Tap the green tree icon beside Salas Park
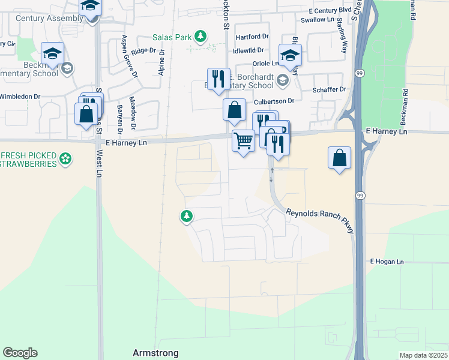pyautogui.click(x=200, y=37)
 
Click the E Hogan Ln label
pyautogui.click(x=387, y=262)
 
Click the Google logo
pyautogui.click(x=20, y=353)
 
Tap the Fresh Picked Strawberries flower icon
pyautogui.click(x=66, y=160)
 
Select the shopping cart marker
pyautogui.click(x=243, y=141)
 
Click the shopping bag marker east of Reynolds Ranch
pyautogui.click(x=339, y=158)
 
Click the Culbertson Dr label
pyautogui.click(x=277, y=101)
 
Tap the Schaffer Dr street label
pyautogui.click(x=330, y=89)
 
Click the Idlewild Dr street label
pyautogui.click(x=253, y=50)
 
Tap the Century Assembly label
pyautogui.click(x=49, y=18)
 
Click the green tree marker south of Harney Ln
pyautogui.click(x=187, y=216)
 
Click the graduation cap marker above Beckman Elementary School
pyautogui.click(x=52, y=53)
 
